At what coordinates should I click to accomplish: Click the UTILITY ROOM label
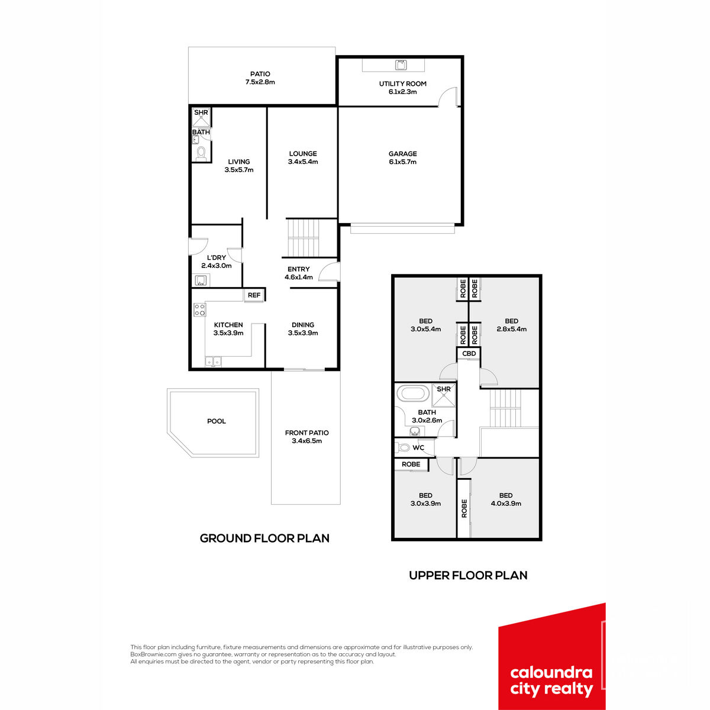[402, 83]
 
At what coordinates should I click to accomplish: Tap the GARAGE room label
[402, 154]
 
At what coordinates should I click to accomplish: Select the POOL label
[217, 421]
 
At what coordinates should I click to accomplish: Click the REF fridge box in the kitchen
[254, 295]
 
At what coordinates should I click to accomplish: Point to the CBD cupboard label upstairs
[469, 353]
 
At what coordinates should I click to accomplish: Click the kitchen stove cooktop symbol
[200, 309]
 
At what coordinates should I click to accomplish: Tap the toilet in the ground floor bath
[201, 154]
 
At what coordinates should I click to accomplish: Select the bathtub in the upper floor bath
[413, 393]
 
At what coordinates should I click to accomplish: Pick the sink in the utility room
[401, 65]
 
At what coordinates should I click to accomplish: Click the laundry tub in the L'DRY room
[201, 280]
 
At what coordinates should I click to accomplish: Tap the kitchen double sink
[213, 362]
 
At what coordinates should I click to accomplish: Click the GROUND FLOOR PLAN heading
[264, 538]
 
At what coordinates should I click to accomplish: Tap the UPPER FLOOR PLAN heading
[468, 575]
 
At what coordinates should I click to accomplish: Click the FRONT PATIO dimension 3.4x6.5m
[306, 441]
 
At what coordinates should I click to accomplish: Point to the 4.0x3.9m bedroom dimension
[505, 504]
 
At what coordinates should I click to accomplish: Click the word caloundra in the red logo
[551, 673]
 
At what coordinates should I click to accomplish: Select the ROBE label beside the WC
[411, 464]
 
